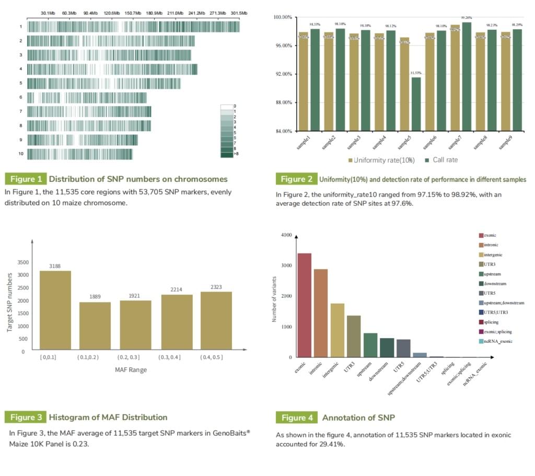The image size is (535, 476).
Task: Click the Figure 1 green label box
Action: pos(26,179)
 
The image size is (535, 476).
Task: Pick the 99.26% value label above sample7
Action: pos(467,18)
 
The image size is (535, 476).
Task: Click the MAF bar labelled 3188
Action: pos(55,310)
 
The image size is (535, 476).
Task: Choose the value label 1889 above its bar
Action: pos(95,297)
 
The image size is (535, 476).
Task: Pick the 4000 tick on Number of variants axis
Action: pos(285,235)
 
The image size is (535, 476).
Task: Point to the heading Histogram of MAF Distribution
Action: pos(108,417)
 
